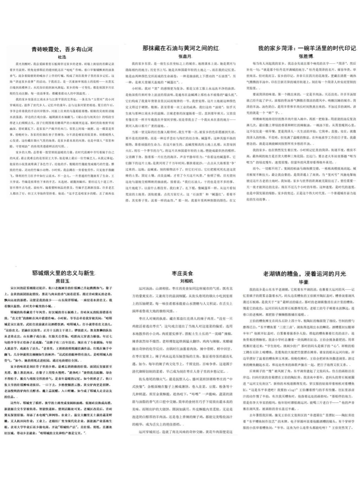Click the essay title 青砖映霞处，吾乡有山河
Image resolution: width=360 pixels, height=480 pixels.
tap(62, 49)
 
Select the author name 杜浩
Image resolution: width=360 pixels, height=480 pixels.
tap(62, 57)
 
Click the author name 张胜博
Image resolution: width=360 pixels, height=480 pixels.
tap(306, 56)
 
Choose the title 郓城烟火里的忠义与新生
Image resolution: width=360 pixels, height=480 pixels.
tap(63, 273)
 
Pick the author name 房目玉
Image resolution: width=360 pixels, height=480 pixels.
tap(63, 281)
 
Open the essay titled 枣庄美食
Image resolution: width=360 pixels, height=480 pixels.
tap(182, 273)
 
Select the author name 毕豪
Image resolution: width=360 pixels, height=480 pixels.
tap(303, 282)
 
